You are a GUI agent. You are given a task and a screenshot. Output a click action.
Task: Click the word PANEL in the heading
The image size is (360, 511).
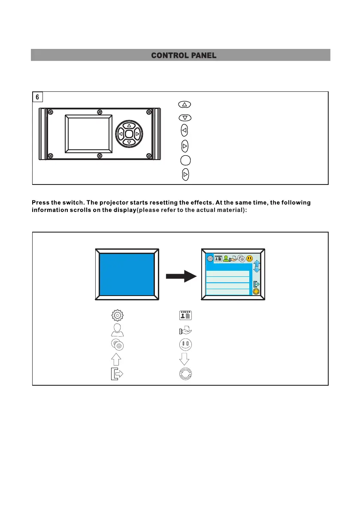click(201, 55)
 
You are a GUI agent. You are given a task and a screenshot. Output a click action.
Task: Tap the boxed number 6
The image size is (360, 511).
click(37, 97)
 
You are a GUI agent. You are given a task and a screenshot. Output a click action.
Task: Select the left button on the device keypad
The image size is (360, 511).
click(121, 134)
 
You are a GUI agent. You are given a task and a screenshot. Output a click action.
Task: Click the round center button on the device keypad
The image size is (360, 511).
click(129, 134)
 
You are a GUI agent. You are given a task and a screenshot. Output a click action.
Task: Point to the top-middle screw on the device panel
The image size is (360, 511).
click(100, 112)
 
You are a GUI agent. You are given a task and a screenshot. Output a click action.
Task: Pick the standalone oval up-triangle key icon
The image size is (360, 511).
click(185, 104)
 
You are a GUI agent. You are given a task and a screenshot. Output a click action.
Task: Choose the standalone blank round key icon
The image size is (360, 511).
click(185, 160)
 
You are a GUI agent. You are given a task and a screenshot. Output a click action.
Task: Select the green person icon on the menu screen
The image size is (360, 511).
click(226, 258)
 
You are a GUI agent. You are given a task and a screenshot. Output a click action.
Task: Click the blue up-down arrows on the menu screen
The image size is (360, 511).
click(257, 267)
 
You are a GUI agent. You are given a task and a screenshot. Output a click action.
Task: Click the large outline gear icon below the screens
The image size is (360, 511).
click(116, 315)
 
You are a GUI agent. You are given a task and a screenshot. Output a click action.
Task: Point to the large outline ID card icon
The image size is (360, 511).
click(185, 315)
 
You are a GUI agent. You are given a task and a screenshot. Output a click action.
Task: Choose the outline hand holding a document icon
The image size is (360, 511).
click(185, 330)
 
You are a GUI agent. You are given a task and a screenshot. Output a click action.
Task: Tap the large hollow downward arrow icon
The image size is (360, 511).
click(185, 358)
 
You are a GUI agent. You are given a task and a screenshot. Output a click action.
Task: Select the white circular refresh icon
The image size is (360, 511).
click(185, 373)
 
